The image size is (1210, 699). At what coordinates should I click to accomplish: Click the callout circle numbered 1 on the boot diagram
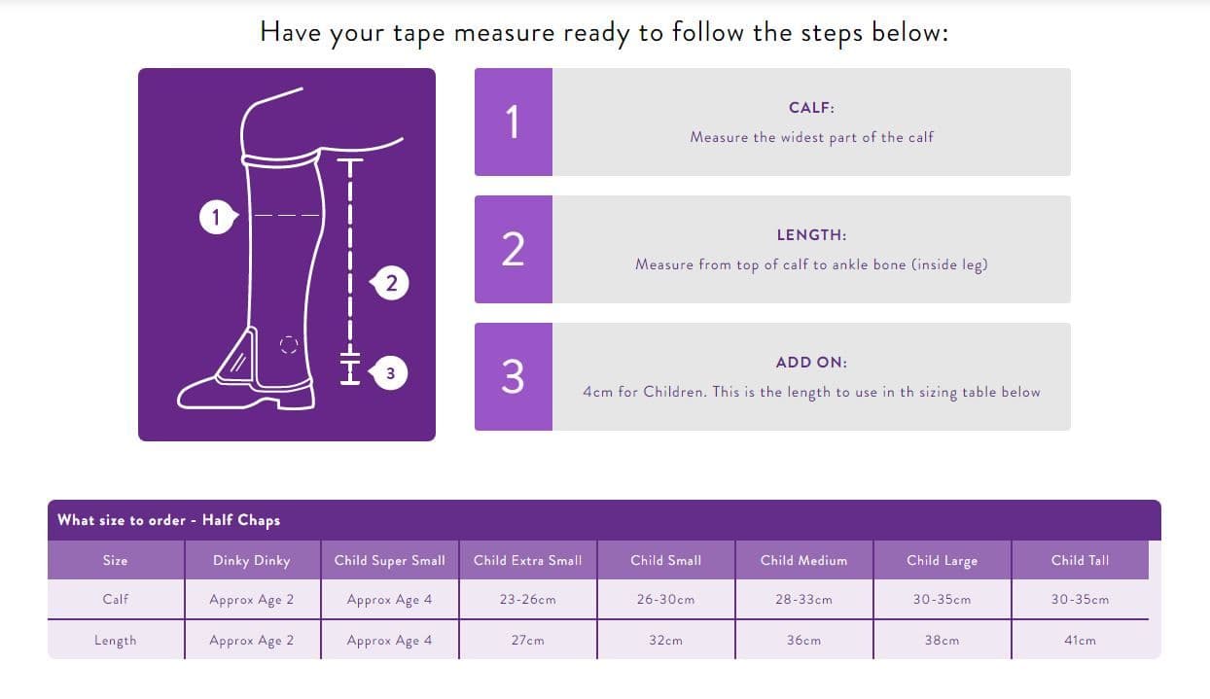[217, 218]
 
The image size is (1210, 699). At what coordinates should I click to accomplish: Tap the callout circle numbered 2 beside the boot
[391, 283]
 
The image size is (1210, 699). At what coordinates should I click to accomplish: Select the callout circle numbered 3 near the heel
[390, 372]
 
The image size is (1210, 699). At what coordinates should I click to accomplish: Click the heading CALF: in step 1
[811, 108]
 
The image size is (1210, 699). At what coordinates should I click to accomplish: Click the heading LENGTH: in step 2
[811, 235]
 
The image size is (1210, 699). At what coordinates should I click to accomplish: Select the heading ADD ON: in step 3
[811, 363]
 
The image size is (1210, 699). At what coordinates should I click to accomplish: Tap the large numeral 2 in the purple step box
[513, 250]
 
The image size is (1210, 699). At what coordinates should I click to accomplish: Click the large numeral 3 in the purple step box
[513, 377]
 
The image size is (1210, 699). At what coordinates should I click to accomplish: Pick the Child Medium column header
[803, 560]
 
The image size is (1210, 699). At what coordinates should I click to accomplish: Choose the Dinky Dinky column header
[252, 561]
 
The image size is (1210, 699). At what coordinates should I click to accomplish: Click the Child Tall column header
[1080, 560]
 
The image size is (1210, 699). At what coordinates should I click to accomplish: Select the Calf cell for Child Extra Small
[528, 599]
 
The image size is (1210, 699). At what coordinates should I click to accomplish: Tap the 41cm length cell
[1080, 640]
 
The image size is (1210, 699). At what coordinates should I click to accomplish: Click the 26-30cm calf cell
[665, 599]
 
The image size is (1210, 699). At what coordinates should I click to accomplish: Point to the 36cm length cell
[803, 640]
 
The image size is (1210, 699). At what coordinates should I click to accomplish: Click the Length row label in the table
[116, 641]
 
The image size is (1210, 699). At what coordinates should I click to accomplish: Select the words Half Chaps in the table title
[241, 520]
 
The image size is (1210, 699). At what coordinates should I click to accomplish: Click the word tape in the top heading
[418, 33]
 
